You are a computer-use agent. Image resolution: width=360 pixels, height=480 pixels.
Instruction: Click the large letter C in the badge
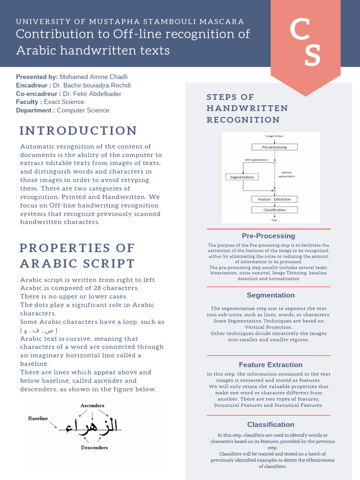click(299, 31)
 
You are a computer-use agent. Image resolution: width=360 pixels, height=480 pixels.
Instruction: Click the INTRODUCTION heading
click(78, 130)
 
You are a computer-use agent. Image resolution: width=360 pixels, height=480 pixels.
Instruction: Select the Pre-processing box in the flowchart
click(274, 147)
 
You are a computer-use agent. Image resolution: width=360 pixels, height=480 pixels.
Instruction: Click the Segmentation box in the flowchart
click(242, 177)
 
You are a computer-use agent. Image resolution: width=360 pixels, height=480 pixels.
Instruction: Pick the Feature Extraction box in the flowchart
click(274, 199)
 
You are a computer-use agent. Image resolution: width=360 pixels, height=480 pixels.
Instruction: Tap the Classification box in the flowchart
click(274, 210)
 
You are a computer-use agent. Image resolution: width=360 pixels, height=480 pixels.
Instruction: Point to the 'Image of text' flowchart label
click(274, 136)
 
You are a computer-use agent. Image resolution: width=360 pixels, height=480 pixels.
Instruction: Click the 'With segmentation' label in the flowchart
click(256, 160)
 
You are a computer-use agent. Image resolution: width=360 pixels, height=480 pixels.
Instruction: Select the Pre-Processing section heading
click(269, 236)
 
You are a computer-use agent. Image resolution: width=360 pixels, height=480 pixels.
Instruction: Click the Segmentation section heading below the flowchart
click(270, 295)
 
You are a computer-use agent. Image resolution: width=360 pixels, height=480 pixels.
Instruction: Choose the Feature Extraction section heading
click(270, 365)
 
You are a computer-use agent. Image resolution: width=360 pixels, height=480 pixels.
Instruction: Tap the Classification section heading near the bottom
click(270, 425)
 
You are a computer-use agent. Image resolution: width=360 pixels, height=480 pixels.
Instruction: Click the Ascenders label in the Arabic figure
click(92, 405)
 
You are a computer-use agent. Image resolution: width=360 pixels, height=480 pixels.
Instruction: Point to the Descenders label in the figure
click(94, 448)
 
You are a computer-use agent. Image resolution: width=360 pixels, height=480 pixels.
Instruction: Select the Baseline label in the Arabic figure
click(38, 418)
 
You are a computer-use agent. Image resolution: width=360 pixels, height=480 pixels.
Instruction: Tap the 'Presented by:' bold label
click(37, 77)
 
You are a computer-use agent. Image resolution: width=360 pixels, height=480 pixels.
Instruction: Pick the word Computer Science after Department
click(83, 111)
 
